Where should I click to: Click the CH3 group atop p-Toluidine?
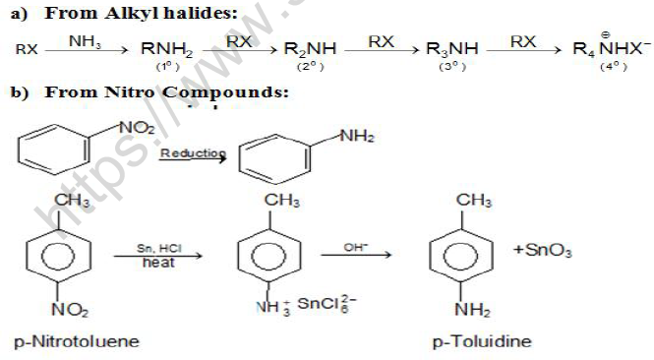pos(474,202)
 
